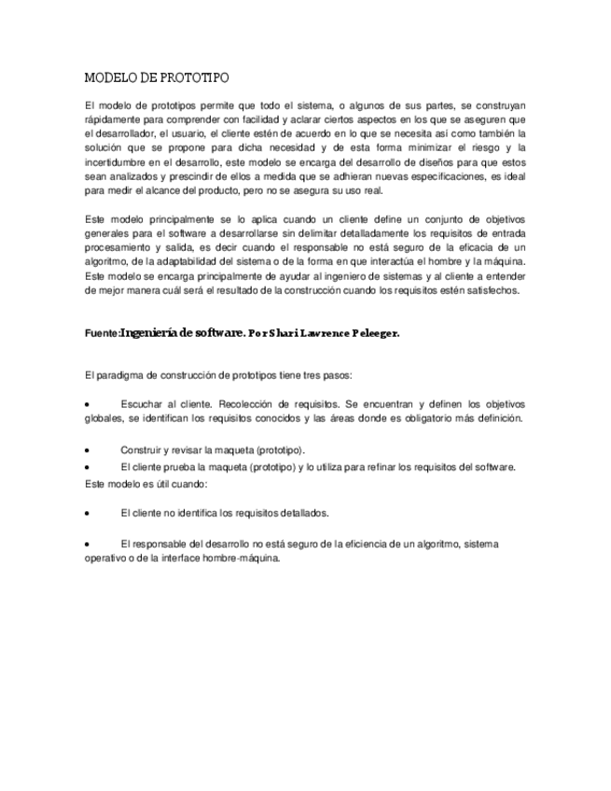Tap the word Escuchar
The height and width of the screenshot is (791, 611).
(143, 405)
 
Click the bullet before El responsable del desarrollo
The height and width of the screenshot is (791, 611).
(87, 544)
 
